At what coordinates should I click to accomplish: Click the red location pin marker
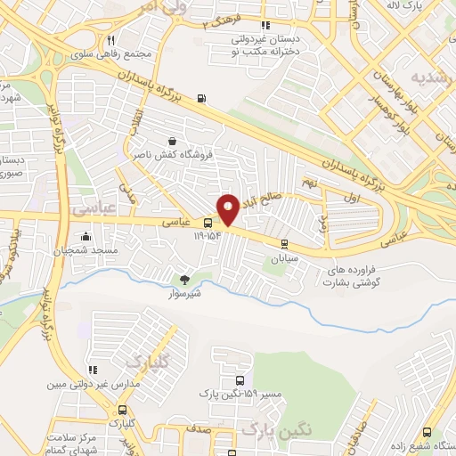(228, 209)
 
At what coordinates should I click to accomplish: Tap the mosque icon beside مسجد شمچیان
(86, 237)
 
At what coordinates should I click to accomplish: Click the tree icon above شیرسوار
(184, 280)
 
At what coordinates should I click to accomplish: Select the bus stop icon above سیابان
(284, 243)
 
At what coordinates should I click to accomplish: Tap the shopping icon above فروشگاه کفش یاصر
(171, 141)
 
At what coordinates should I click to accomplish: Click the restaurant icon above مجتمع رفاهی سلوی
(111, 40)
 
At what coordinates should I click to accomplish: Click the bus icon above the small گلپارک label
(122, 411)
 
